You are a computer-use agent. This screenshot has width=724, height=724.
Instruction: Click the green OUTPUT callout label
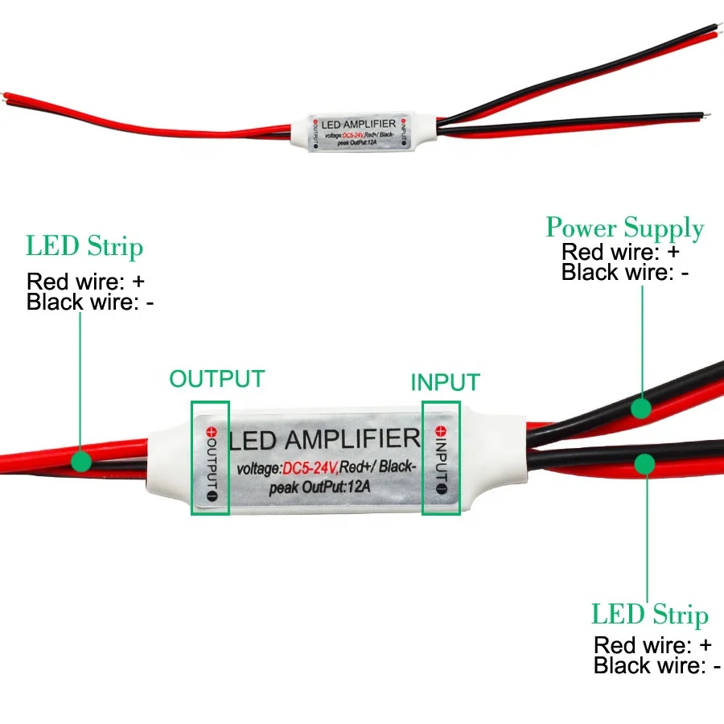(216, 379)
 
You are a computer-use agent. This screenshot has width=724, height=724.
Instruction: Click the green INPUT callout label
(445, 382)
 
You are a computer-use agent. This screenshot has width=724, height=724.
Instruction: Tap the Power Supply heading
(624, 228)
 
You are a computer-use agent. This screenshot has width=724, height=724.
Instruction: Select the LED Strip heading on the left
(84, 246)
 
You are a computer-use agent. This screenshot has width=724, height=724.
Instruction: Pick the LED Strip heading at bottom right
(650, 615)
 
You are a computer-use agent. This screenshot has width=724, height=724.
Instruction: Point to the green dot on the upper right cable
(640, 409)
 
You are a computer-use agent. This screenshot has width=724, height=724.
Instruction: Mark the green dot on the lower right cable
(644, 463)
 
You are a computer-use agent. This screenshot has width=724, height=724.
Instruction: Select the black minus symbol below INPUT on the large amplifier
(441, 487)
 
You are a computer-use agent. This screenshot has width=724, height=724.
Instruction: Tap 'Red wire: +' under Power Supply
(621, 253)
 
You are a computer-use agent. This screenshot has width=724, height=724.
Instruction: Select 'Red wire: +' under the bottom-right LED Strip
(652, 645)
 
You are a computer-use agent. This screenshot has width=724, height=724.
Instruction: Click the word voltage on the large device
(259, 468)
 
